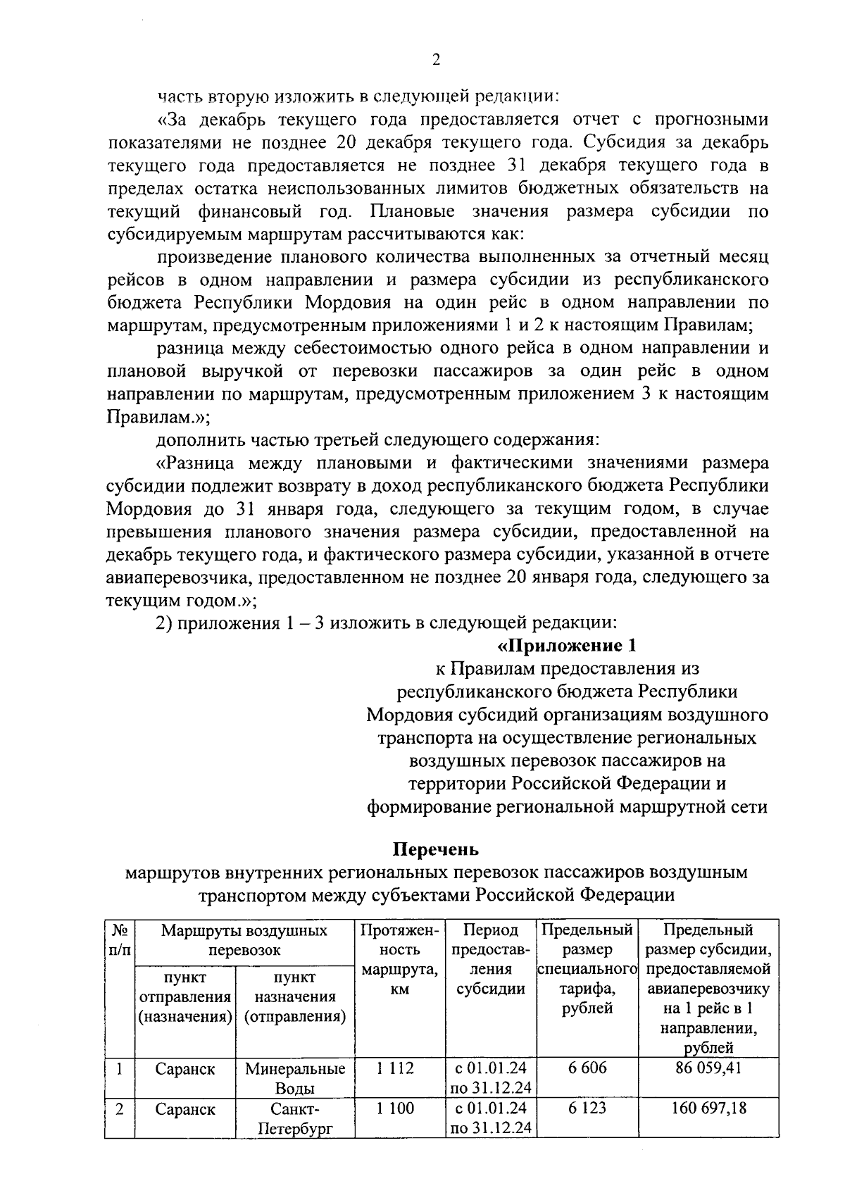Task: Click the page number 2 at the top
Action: point(436,61)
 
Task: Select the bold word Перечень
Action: point(435,849)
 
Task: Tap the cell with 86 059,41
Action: point(708,1068)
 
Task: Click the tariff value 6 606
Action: point(587,1068)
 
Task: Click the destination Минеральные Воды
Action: point(295,1078)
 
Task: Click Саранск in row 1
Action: point(185,1069)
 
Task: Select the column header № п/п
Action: point(120,940)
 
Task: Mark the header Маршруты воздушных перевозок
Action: point(244,940)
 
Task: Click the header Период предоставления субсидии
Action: point(491,960)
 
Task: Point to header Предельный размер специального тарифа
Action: point(587,970)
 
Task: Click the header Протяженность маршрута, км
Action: point(399,960)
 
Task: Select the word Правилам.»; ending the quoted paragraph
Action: point(158,417)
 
